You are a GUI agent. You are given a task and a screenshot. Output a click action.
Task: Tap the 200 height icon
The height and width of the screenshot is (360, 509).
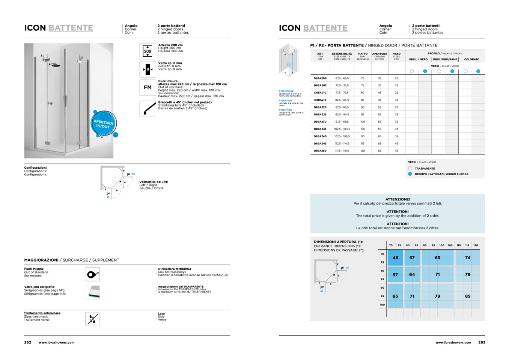point(148,51)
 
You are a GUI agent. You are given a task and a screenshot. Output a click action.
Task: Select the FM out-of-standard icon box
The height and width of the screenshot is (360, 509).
point(148,87)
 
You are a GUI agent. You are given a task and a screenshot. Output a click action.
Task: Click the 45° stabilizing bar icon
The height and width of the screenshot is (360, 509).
point(148,108)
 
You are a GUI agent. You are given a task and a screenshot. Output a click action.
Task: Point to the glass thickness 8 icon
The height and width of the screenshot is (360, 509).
point(148,69)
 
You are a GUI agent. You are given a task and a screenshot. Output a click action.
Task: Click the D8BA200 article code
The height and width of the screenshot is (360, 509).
point(320,78)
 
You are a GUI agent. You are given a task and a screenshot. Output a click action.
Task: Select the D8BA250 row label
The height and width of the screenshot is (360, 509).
point(320,151)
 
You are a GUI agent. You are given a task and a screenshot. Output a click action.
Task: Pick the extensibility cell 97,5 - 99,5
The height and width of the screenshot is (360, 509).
point(342,122)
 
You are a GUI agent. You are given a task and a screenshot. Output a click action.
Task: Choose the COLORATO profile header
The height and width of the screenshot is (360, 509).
point(472,59)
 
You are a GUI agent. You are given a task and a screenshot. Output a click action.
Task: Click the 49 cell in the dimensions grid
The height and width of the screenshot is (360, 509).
point(395,258)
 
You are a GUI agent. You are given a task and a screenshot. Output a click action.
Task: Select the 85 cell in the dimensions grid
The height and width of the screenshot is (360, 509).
point(467,296)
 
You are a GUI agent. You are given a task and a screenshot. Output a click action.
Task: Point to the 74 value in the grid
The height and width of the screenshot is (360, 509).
point(467,258)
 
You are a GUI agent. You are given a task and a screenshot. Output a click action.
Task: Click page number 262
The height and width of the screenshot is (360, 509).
point(28,342)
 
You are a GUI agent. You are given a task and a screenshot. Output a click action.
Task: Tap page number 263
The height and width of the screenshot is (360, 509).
point(482,342)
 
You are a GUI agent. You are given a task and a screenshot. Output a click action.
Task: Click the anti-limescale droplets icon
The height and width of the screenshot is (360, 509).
point(92,319)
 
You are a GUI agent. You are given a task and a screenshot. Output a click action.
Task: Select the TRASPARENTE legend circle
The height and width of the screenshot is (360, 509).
point(410,169)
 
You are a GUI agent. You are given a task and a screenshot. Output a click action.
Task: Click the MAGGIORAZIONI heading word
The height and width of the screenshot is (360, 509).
point(41,260)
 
